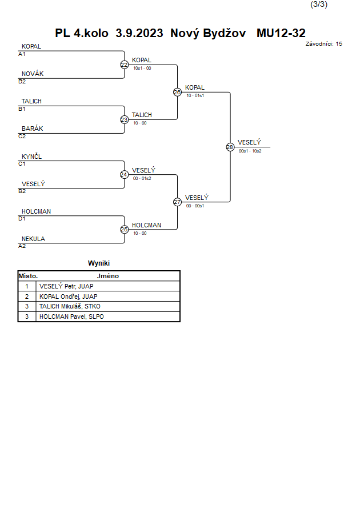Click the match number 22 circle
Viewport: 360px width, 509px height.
coord(125,65)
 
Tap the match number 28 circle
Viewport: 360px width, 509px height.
coord(230,147)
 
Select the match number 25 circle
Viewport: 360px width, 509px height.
coord(125,230)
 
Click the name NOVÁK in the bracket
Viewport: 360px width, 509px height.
coord(33,74)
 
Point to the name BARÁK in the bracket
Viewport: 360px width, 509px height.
coord(33,129)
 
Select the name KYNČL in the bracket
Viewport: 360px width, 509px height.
coord(31,157)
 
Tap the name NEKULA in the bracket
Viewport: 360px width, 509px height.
coord(34,239)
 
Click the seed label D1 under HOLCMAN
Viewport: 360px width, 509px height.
coord(22,219)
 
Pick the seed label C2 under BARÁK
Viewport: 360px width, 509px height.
coord(22,137)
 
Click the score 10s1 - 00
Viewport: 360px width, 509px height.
coord(142,68)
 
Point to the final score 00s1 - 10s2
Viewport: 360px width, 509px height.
coord(250,151)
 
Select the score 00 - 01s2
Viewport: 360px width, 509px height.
coord(142,178)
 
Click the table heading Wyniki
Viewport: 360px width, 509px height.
coord(99,263)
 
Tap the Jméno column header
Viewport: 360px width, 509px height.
coord(108,276)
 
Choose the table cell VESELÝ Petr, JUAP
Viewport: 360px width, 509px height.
coord(66,286)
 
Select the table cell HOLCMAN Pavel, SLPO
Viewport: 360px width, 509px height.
coord(71,316)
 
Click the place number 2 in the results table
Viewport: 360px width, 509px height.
coord(27,296)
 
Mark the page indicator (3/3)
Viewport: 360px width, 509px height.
coord(319,4)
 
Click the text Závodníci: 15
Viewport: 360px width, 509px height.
coord(323,44)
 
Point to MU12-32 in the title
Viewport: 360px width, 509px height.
coord(281,33)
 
